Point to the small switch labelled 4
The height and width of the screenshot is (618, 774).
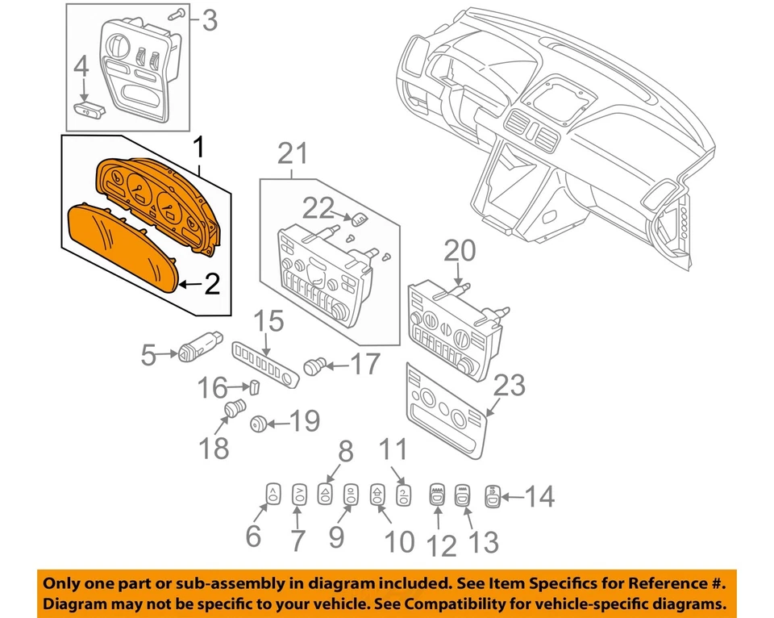click(x=85, y=107)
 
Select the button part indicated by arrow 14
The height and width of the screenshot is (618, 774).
click(x=492, y=495)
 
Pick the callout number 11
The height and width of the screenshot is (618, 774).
click(x=394, y=449)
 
